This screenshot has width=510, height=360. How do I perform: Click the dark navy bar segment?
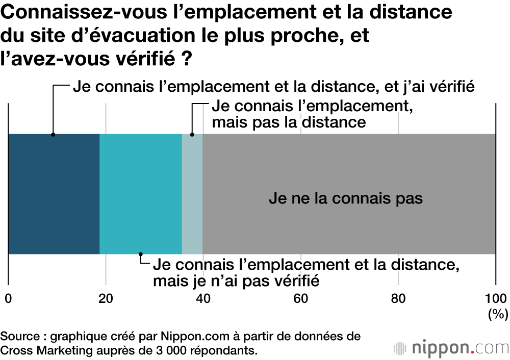coord(54,194)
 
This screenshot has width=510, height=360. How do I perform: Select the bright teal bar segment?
coord(140,194)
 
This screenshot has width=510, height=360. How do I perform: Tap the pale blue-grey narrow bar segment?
coord(192,194)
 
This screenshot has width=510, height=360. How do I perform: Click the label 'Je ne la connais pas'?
coord(345,198)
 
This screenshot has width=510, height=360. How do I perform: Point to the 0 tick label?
coord(8,299)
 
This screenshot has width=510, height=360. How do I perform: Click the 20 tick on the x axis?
coord(106,299)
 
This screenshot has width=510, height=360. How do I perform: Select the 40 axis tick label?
coord(203,299)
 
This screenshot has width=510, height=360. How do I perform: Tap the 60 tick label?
coord(301,299)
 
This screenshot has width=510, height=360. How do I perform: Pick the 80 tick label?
coord(398,299)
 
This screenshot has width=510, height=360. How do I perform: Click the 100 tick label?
coord(495,299)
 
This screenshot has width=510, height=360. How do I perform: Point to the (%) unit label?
coord(495,314)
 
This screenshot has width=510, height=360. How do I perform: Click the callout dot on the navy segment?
coord(53,135)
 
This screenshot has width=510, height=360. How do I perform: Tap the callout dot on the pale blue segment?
coord(192,135)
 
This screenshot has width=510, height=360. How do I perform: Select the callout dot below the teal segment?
coord(141,254)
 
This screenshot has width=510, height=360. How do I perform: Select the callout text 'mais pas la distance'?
coord(289,122)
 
